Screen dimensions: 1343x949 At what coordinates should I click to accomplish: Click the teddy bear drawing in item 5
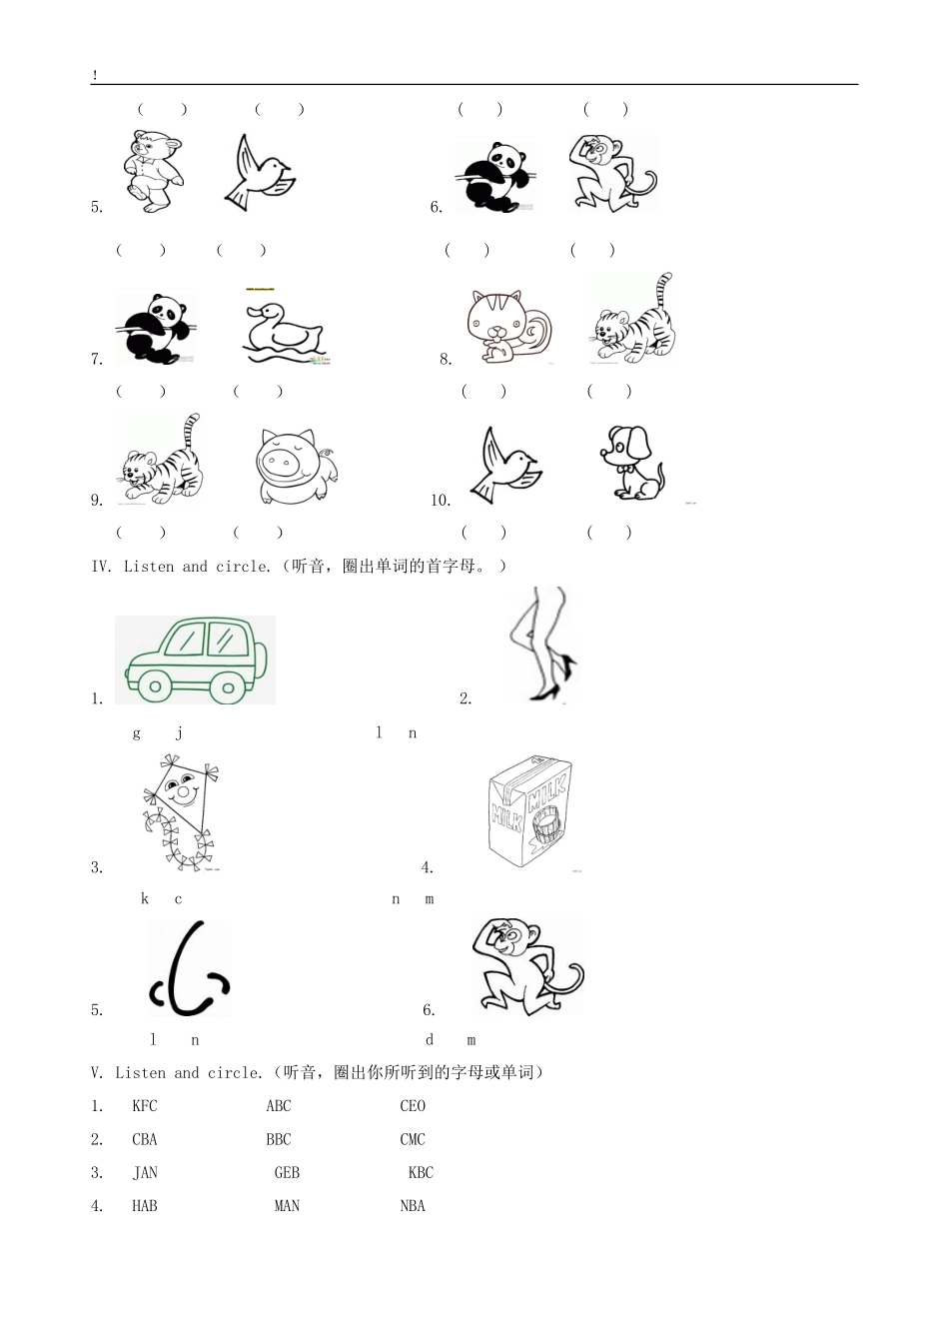(x=155, y=170)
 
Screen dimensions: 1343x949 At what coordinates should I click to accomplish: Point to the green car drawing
(x=195, y=660)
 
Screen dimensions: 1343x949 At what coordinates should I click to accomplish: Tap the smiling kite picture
(x=180, y=811)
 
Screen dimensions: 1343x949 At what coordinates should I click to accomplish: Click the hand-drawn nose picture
(x=190, y=969)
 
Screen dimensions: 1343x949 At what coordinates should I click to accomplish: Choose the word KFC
(x=145, y=1106)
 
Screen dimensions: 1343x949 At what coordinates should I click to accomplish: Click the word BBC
(x=279, y=1139)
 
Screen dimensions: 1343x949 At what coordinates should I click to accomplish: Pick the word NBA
(x=413, y=1206)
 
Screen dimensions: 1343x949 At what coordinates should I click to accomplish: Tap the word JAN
(x=146, y=1173)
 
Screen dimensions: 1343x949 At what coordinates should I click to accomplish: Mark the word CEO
(x=413, y=1106)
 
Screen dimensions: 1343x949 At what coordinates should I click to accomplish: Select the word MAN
(x=287, y=1206)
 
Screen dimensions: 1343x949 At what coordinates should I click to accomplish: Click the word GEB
(x=287, y=1173)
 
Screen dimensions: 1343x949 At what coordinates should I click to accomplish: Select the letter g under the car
(x=137, y=733)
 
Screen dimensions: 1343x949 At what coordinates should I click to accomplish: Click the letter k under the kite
(x=145, y=898)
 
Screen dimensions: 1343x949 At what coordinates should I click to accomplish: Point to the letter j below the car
(x=179, y=733)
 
